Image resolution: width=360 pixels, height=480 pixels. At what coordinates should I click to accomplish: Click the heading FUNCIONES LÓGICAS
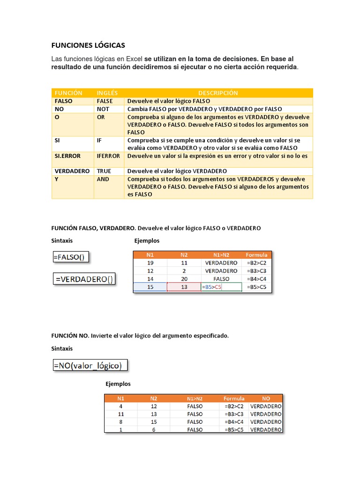[x=88, y=45]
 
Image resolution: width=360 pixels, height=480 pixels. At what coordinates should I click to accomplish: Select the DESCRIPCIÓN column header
[x=218, y=93]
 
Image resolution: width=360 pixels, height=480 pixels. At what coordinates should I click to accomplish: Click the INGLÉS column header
[x=107, y=93]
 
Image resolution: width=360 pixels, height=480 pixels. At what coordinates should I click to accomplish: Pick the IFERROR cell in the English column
[x=108, y=156]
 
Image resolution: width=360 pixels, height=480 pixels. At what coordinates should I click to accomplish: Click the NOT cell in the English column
[x=103, y=109]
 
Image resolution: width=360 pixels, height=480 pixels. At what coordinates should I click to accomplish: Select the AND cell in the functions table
[x=103, y=179]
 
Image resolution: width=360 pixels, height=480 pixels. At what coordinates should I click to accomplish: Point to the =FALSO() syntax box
[x=71, y=257]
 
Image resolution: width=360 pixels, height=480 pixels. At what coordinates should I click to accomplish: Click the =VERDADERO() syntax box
[x=84, y=279]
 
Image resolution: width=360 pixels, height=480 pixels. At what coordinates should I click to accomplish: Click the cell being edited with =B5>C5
[x=221, y=287]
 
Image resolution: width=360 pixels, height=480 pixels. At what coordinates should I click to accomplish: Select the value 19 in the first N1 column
[x=150, y=263]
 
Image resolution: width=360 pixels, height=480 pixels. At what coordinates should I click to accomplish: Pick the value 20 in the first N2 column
[x=184, y=279]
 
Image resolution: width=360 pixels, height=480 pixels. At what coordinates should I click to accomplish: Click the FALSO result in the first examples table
[x=221, y=279]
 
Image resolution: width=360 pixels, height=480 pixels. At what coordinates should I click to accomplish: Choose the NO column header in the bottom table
[x=266, y=398]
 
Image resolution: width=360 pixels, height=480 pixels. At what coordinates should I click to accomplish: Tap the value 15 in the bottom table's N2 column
[x=154, y=422]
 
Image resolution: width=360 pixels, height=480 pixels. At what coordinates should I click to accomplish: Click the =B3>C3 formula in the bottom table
[x=234, y=414]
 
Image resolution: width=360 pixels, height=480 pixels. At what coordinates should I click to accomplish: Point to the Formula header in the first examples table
[x=256, y=255]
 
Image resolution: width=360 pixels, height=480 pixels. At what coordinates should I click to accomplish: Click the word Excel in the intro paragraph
[x=134, y=59]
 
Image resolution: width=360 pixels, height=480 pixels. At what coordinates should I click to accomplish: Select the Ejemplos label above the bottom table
[x=118, y=384]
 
